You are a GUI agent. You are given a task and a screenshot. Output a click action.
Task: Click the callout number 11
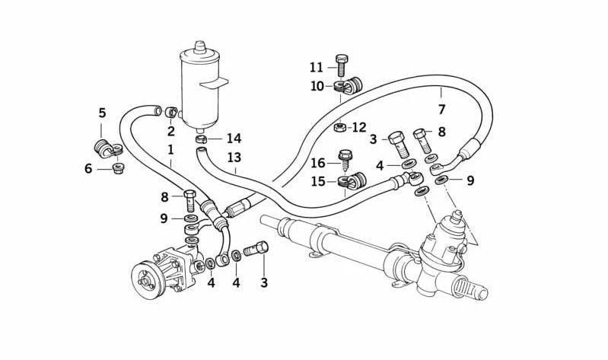pyautogui.click(x=317, y=67)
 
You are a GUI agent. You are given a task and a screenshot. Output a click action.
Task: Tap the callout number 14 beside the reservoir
pyautogui.click(x=234, y=139)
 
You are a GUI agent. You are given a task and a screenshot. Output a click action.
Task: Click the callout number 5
pyautogui.click(x=102, y=113)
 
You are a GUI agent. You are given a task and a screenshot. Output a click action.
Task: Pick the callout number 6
pyautogui.click(x=88, y=168)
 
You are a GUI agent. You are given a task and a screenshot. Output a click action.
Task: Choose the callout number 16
pyautogui.click(x=317, y=162)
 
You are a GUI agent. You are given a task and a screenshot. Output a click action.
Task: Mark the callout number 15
pyautogui.click(x=317, y=181)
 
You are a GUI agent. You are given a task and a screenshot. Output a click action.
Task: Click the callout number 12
pyautogui.click(x=358, y=127)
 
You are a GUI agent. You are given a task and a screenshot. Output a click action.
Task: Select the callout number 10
pyautogui.click(x=317, y=86)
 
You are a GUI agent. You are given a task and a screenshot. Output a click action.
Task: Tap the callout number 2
pyautogui.click(x=171, y=131)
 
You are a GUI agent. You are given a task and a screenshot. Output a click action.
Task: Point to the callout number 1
pyautogui.click(x=171, y=150)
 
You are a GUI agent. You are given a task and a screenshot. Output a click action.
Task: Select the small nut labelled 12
pyautogui.click(x=340, y=126)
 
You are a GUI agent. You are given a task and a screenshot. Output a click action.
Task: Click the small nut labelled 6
pyautogui.click(x=118, y=167)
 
